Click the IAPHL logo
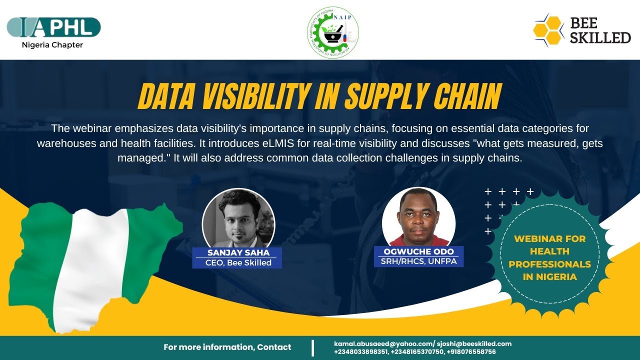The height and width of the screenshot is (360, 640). (53, 27)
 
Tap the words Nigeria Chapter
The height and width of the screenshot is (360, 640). (52, 45)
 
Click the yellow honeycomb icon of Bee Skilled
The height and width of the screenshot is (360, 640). (548, 30)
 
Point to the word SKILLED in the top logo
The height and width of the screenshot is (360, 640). (600, 37)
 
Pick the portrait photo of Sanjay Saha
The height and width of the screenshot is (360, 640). (238, 218)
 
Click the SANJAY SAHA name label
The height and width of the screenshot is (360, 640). (238, 252)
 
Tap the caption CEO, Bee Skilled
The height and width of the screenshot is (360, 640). (238, 262)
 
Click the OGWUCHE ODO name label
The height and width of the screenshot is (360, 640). (419, 251)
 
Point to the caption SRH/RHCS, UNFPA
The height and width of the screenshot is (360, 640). (419, 261)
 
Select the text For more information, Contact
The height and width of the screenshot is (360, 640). (227, 347)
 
